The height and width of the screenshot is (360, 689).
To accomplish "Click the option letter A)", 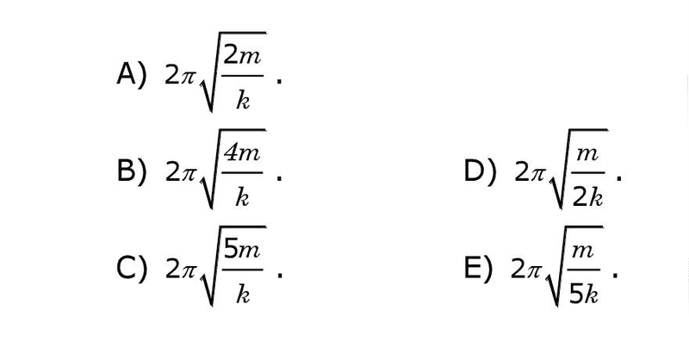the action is (131, 75).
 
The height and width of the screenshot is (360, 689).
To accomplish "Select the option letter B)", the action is (131, 171).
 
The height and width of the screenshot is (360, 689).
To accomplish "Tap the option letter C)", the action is (131, 269).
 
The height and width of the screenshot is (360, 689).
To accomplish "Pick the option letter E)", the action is (478, 269).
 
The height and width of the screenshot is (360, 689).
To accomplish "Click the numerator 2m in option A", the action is (242, 57).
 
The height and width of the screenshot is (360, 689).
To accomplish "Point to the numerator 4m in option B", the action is (242, 153).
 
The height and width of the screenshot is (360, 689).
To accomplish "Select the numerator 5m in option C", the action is (242, 250).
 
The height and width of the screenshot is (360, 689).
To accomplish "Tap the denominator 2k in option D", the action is (587, 198).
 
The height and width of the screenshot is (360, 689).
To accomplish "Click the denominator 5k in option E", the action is (584, 295).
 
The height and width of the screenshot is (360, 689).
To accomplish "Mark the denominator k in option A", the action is (243, 101).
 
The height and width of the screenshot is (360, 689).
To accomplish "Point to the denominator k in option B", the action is (243, 197).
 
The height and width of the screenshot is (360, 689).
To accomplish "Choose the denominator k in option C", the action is (243, 294).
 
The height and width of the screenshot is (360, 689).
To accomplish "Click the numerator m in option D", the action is (587, 155).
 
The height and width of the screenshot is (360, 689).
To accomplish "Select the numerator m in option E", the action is (584, 251).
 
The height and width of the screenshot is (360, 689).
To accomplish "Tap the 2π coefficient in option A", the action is (180, 76).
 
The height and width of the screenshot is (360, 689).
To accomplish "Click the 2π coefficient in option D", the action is (529, 172).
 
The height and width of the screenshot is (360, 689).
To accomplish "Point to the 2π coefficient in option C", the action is (180, 269).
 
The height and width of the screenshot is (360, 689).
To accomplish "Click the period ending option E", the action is (615, 275).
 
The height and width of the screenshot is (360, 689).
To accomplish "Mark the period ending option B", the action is (278, 178).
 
